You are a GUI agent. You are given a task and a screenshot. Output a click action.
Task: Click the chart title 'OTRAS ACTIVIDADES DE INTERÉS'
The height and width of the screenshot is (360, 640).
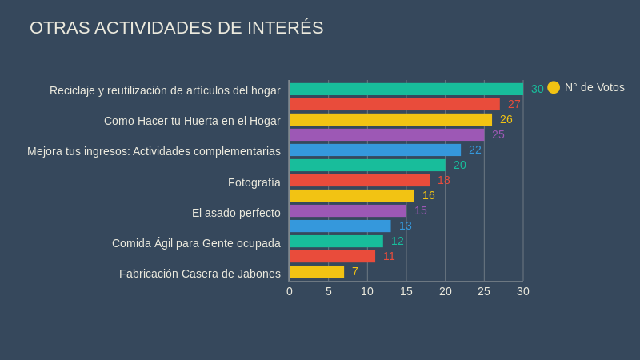tap(177, 28)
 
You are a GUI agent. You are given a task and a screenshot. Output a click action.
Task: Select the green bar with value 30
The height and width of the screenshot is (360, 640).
tap(406, 89)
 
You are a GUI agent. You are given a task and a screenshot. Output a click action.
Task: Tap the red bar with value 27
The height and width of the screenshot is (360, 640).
tap(394, 104)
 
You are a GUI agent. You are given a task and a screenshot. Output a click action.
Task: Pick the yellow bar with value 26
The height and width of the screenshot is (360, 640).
tap(390, 119)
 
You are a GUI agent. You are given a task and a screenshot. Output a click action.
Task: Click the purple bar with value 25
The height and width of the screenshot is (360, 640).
tap(386, 134)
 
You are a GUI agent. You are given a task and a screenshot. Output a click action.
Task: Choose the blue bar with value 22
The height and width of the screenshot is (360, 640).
tap(374, 150)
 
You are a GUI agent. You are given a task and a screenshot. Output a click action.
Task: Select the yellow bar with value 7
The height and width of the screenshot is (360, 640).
tap(317, 271)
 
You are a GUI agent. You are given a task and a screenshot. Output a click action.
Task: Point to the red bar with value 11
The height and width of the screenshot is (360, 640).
tap(332, 256)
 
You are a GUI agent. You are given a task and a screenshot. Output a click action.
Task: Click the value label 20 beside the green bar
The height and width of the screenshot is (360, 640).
tap(460, 165)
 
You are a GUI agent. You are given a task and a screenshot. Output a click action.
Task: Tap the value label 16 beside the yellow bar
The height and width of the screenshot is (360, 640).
tap(429, 195)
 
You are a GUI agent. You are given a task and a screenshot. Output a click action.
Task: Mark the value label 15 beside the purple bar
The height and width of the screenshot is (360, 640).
tap(421, 210)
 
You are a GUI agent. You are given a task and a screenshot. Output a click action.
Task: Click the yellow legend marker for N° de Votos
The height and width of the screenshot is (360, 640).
tap(554, 87)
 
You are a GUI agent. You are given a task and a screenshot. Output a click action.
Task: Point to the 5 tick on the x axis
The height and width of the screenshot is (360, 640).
tap(329, 291)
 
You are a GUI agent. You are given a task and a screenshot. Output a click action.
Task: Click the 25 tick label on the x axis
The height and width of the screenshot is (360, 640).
tap(484, 291)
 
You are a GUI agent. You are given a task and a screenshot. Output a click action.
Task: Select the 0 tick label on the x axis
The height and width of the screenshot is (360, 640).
tap(290, 291)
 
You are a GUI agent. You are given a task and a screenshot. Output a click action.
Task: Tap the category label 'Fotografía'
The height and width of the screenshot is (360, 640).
tap(254, 182)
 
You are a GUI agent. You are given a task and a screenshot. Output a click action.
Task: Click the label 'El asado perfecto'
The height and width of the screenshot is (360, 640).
tap(236, 213)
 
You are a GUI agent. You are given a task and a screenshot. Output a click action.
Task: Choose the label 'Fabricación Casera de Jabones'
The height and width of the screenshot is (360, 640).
tap(200, 274)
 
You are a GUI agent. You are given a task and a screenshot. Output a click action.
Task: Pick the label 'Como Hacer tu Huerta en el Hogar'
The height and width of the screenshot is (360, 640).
tap(192, 121)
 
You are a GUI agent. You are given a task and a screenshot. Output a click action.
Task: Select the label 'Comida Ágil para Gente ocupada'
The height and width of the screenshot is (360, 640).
tap(196, 243)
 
